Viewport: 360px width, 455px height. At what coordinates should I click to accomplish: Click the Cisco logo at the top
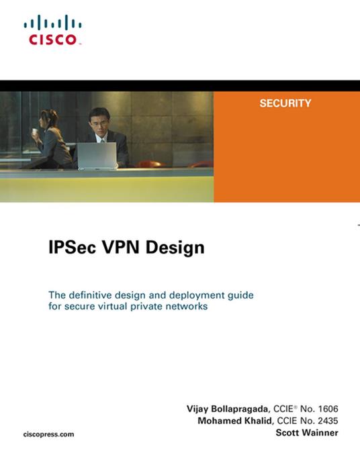click(53, 31)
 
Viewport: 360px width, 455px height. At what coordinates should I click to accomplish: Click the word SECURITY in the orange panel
click(285, 103)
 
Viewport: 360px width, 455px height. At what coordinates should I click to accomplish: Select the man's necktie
click(101, 138)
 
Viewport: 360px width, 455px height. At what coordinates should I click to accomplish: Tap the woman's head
click(48, 119)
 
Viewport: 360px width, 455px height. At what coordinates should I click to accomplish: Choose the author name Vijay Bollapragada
click(229, 409)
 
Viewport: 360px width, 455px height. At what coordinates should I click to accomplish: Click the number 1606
click(326, 409)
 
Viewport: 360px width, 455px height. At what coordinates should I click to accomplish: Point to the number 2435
click(326, 421)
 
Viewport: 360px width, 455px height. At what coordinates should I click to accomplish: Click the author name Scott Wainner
click(307, 433)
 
